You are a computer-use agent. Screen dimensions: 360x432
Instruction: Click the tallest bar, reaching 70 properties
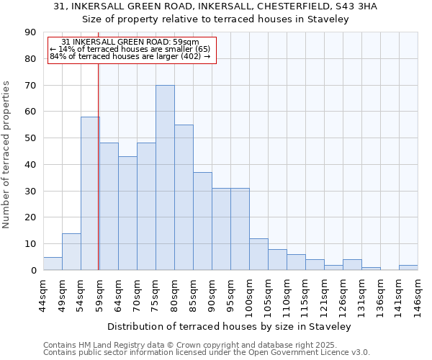pos(165,178)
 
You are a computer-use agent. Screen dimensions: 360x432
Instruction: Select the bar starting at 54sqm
pos(90,194)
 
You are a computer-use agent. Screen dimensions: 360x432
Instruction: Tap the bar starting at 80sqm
pos(184,197)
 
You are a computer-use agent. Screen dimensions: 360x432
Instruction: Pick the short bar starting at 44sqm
pos(53,264)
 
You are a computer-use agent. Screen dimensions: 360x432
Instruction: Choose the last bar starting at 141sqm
pos(408,268)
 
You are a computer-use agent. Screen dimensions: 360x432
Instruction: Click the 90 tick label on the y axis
pos(30,32)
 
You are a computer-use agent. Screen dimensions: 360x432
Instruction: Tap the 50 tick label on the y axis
pos(30,138)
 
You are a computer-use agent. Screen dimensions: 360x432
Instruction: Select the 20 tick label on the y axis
pos(30,217)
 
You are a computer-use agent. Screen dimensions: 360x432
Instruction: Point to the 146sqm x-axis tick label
pos(418,293)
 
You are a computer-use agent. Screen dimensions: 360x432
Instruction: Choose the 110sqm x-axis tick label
pos(287,293)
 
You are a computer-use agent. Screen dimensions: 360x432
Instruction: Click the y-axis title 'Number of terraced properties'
pos(7,155)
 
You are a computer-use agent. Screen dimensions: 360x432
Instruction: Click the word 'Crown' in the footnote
pos(156,345)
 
